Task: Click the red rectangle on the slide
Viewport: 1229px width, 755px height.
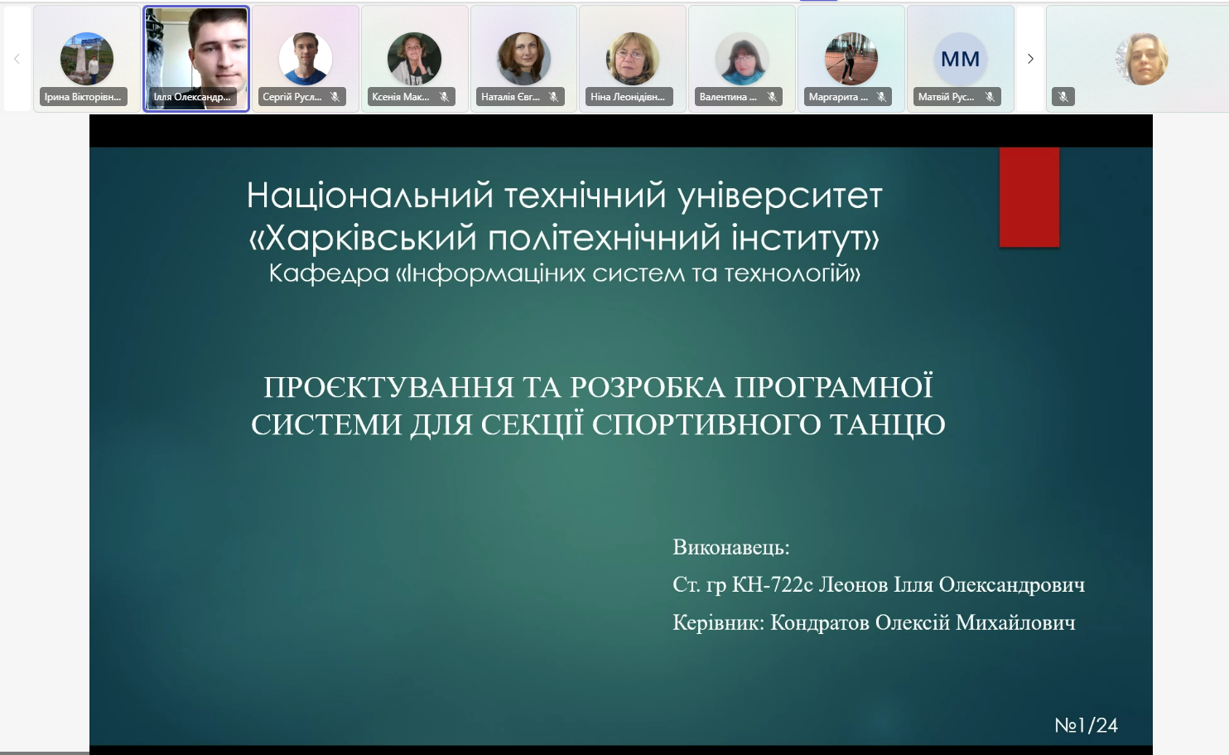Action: (1029, 197)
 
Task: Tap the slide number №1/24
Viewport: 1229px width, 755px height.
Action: (1087, 725)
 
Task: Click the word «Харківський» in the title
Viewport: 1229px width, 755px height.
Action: (364, 239)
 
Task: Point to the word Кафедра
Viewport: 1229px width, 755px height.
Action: (330, 273)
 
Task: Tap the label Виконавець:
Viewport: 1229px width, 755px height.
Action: (731, 547)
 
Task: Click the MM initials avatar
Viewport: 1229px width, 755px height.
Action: (960, 59)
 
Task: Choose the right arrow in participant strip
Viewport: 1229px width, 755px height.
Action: (1030, 59)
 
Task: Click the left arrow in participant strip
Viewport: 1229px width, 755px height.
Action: (17, 59)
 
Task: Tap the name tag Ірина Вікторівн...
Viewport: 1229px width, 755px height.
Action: (84, 97)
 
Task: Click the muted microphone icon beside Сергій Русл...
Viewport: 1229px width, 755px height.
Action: (335, 97)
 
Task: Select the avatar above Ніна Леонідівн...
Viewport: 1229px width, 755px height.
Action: (632, 59)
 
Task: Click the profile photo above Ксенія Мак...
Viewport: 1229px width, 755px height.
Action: (414, 59)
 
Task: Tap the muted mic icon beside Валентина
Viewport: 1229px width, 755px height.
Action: (772, 97)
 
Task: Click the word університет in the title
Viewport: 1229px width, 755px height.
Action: (780, 196)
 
